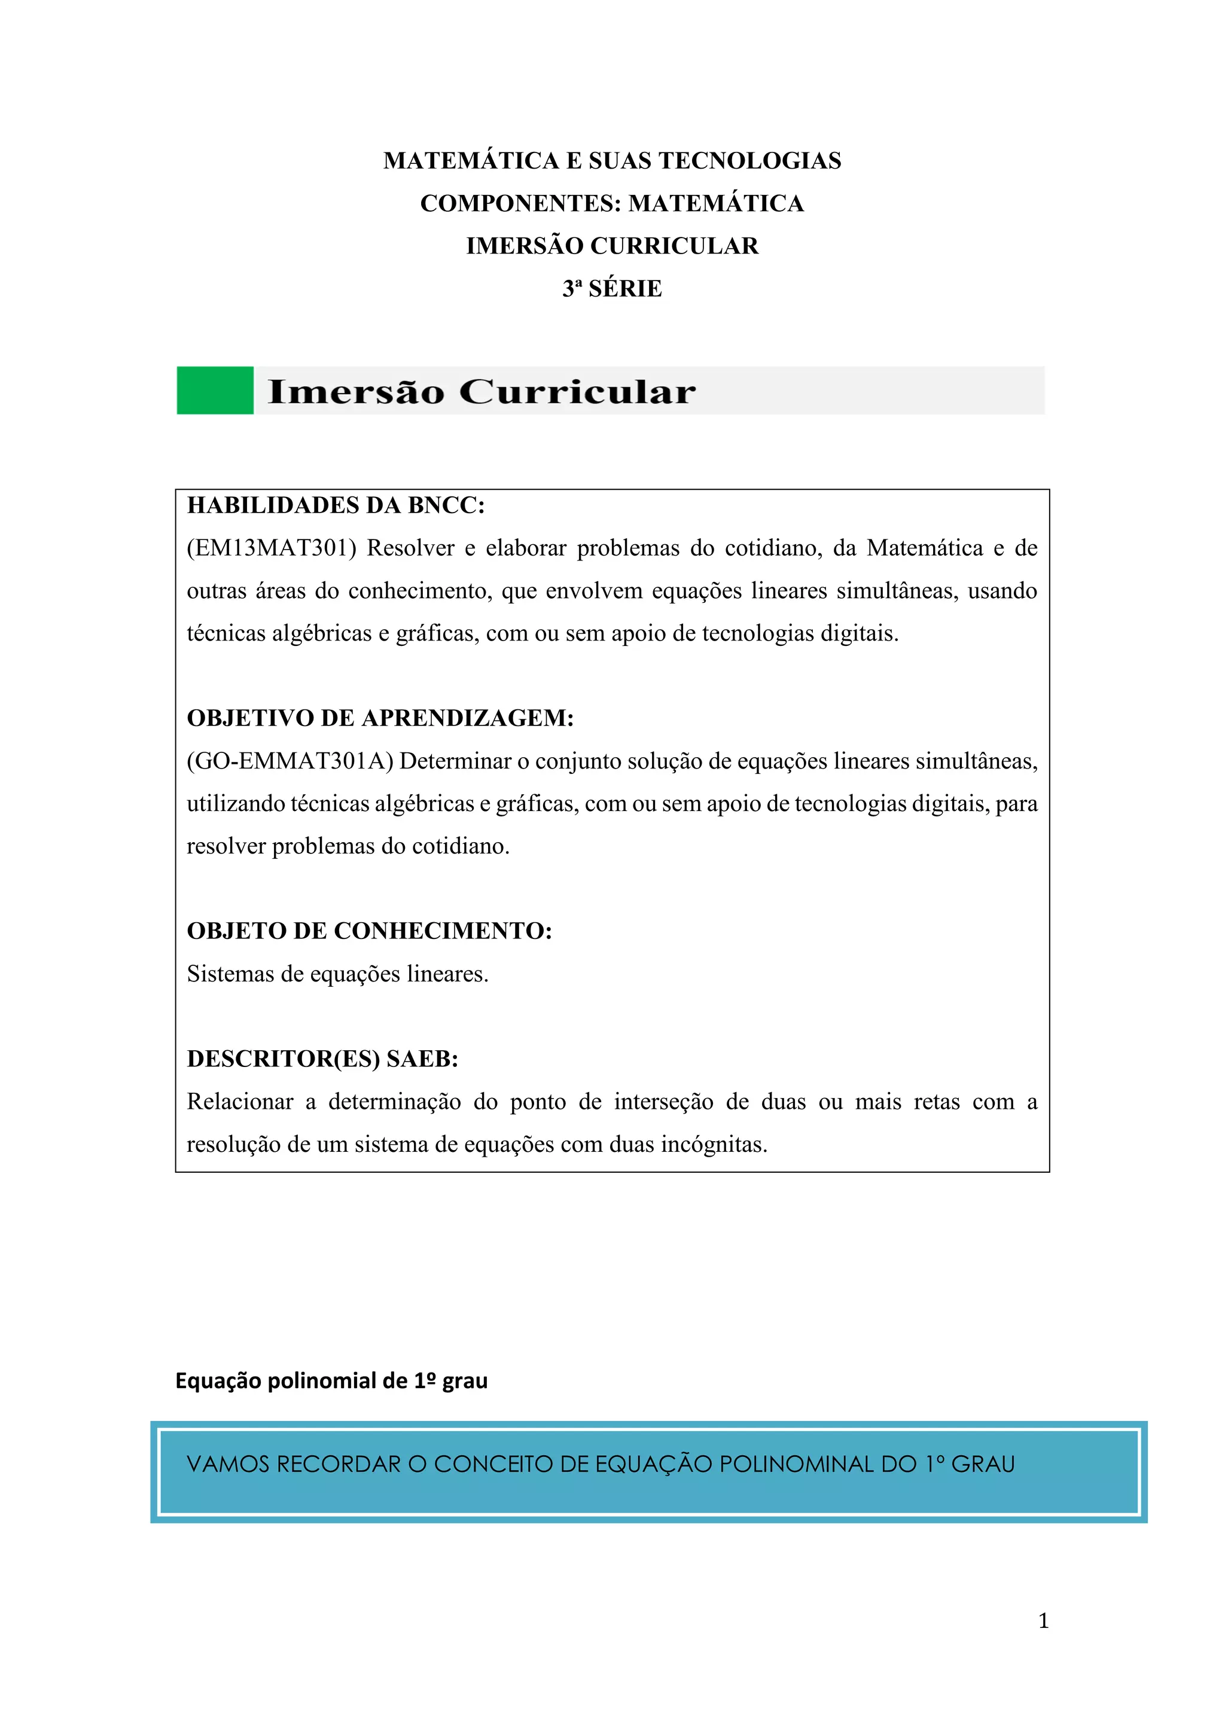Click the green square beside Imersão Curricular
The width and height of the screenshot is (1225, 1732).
pos(215,390)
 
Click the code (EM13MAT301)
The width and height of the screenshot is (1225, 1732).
pos(272,548)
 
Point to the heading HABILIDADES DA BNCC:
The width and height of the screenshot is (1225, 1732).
pos(336,505)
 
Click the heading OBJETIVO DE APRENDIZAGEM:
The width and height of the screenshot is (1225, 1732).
pos(380,718)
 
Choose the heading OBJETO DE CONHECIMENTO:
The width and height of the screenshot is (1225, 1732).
pos(370,931)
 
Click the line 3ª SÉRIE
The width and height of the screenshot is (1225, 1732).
pos(612,288)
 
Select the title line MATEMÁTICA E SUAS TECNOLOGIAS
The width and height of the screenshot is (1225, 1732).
pos(612,161)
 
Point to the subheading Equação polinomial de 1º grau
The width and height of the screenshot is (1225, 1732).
pos(331,1380)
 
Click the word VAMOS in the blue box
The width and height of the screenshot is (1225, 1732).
pos(228,1464)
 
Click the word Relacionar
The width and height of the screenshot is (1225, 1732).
pos(240,1102)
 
